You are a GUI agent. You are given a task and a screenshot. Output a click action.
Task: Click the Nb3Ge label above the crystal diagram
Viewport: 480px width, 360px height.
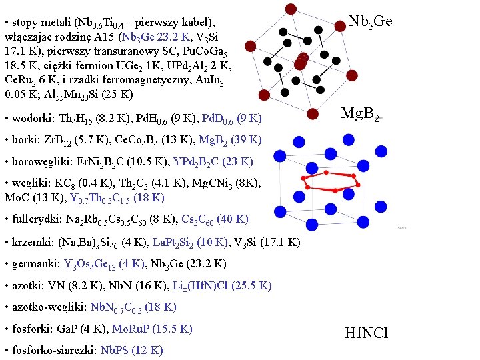370,22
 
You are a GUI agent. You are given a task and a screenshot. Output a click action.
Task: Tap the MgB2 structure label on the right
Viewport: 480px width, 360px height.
361,115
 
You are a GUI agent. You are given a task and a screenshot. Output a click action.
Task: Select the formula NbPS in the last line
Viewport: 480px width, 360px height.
113,350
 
